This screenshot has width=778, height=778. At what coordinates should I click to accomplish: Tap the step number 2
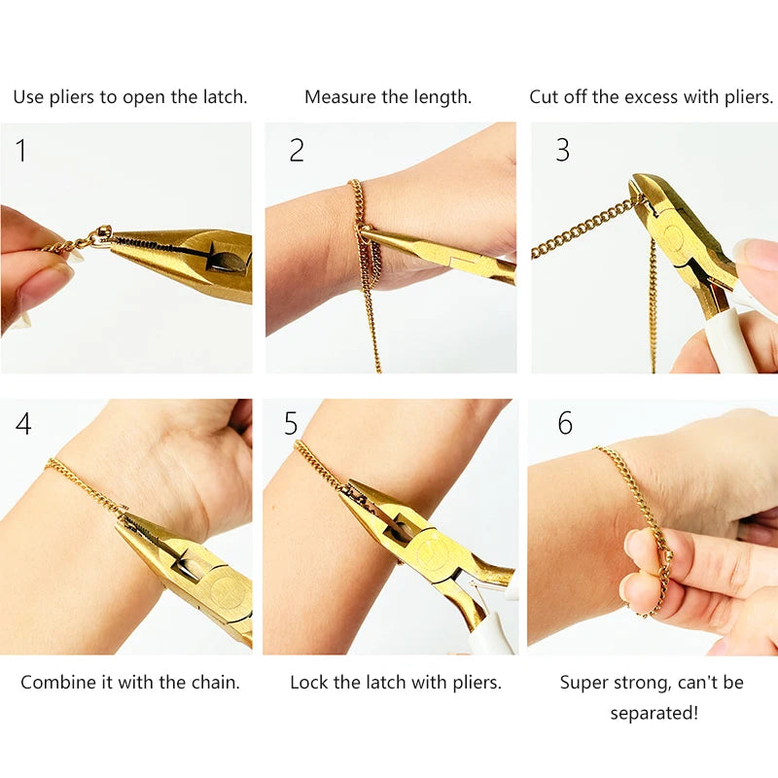pos(297,150)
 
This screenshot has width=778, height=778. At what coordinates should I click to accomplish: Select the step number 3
pos(562,150)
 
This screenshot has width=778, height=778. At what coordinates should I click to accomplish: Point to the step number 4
pos(23,424)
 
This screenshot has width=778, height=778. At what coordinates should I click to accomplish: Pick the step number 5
pos(291,424)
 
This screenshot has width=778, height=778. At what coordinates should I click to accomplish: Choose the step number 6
pos(564,424)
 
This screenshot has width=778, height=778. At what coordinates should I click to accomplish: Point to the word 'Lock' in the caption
pos(309,683)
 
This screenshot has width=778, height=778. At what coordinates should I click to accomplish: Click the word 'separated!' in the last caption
pos(654,714)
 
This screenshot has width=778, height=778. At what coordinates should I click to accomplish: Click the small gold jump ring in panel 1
pos(100,235)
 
